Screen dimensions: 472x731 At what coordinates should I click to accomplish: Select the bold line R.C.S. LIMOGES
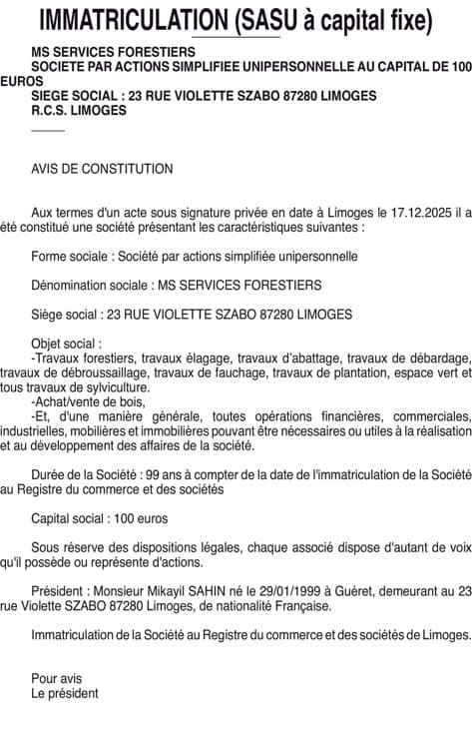(79, 111)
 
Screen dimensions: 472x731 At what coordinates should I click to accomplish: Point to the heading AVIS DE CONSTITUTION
(102, 169)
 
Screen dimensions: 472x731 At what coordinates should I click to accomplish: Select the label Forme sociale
(69, 257)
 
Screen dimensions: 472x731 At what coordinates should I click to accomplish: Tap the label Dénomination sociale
(88, 286)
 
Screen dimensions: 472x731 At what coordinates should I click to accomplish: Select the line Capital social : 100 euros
(100, 518)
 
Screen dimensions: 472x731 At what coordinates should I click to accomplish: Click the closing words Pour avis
(56, 678)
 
